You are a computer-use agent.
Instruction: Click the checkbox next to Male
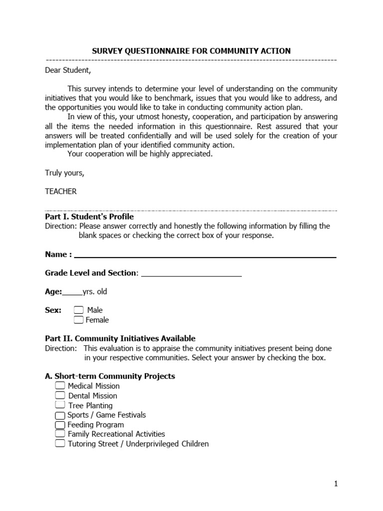pos(79,310)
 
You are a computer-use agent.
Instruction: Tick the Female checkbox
pos(79,320)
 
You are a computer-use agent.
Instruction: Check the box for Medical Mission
pos(60,386)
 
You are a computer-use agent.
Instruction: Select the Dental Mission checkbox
pos(60,396)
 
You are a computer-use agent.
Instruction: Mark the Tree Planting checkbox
pos(60,405)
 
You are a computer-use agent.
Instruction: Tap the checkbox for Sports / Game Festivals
pos(60,415)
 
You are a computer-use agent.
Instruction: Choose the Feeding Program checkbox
pos(60,425)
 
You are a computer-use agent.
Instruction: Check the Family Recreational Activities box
pos(60,434)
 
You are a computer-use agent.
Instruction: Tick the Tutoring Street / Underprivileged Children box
pos(60,444)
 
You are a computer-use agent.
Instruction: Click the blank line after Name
pos(204,255)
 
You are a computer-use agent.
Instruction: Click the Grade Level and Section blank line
pos(191,273)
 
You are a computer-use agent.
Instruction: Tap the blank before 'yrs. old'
pos(72,292)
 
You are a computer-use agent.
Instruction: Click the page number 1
pos(336,484)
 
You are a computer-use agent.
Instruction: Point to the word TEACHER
pos(61,192)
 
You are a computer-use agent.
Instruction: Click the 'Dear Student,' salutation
pos(68,70)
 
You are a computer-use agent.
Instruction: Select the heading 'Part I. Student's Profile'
pos(89,217)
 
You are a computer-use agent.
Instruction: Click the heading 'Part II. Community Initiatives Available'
pos(120,338)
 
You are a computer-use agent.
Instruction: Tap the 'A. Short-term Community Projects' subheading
pos(110,376)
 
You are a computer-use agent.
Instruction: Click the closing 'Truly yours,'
pos(65,173)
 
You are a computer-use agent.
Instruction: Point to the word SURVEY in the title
pos(107,51)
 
